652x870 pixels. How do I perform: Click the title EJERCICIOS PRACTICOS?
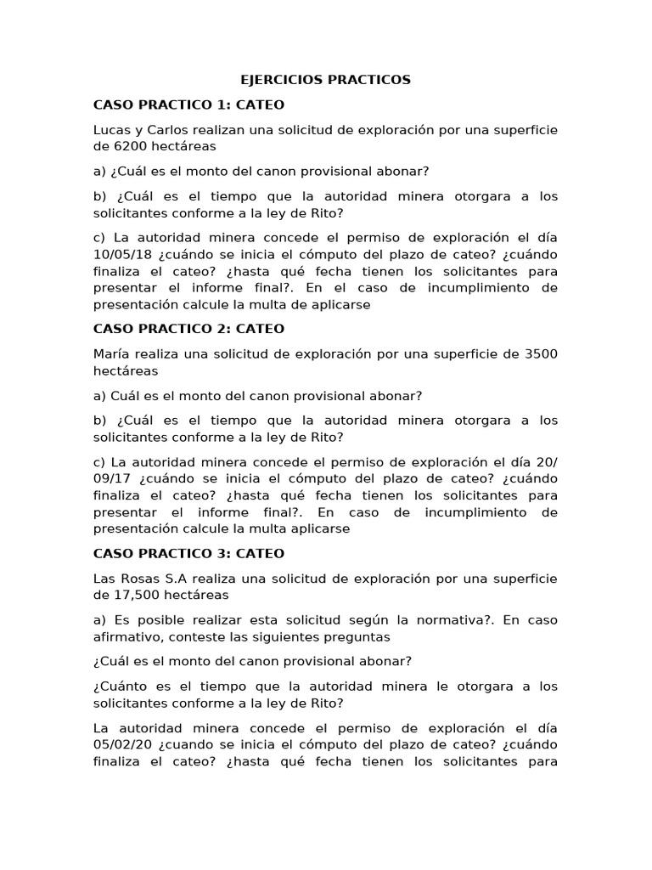point(326,80)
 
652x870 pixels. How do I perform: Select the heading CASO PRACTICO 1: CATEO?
point(188,105)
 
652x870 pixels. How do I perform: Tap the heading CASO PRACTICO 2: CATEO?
point(188,328)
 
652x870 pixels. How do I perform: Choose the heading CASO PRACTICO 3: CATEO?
point(188,553)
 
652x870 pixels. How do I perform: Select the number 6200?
point(132,145)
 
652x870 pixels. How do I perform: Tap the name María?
point(112,353)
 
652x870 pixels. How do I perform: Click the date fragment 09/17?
point(111,478)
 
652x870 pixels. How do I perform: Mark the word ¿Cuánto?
point(121,686)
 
